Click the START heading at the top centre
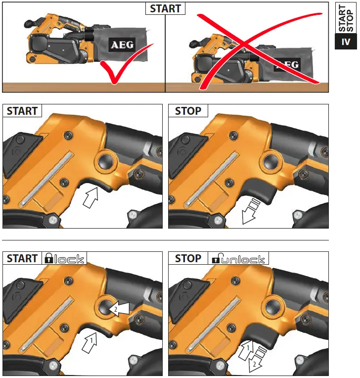coord(165,9)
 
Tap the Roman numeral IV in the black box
coord(346,42)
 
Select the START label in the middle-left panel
coord(22,111)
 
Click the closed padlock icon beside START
coord(49,258)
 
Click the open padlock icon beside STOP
coord(216,258)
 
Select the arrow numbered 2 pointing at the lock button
coord(119,309)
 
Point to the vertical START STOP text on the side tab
coord(346,18)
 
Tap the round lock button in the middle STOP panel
coord(271,161)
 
